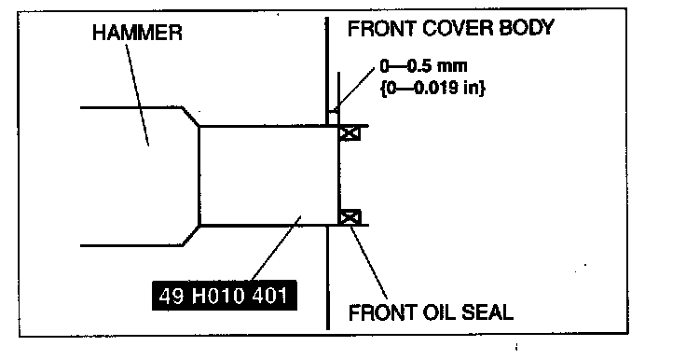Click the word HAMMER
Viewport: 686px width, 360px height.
tap(137, 33)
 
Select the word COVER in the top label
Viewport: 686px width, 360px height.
tap(457, 29)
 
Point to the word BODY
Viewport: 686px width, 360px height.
tap(527, 29)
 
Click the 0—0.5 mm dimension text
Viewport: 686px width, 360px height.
tap(423, 66)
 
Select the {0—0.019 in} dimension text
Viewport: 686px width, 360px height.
tap(433, 88)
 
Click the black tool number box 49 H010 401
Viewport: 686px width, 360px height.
tap(225, 296)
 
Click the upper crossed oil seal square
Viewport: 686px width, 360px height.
tap(350, 133)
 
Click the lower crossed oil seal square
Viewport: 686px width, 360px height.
tap(350, 217)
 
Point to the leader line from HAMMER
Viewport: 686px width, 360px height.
tap(137, 94)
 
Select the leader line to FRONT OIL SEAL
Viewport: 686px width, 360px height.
tap(369, 261)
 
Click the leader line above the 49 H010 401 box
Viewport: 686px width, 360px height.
tap(276, 248)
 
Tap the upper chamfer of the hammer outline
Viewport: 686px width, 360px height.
tap(191, 117)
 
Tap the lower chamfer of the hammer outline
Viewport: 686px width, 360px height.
tap(191, 236)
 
